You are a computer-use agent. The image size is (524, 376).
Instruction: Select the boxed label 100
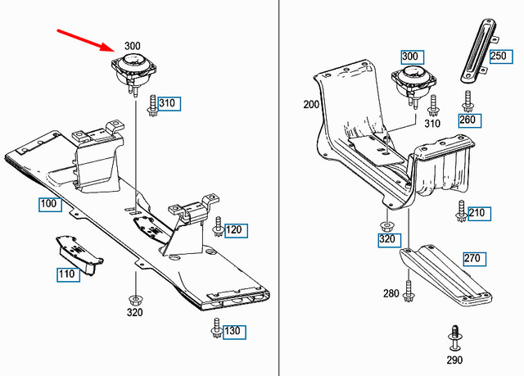click(x=48, y=203)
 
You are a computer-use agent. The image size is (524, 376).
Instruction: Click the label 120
click(x=235, y=229)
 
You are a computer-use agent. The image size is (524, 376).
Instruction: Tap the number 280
click(x=391, y=293)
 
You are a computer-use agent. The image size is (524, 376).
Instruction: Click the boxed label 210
click(x=477, y=214)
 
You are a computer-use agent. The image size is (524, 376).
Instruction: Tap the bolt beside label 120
click(x=218, y=225)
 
